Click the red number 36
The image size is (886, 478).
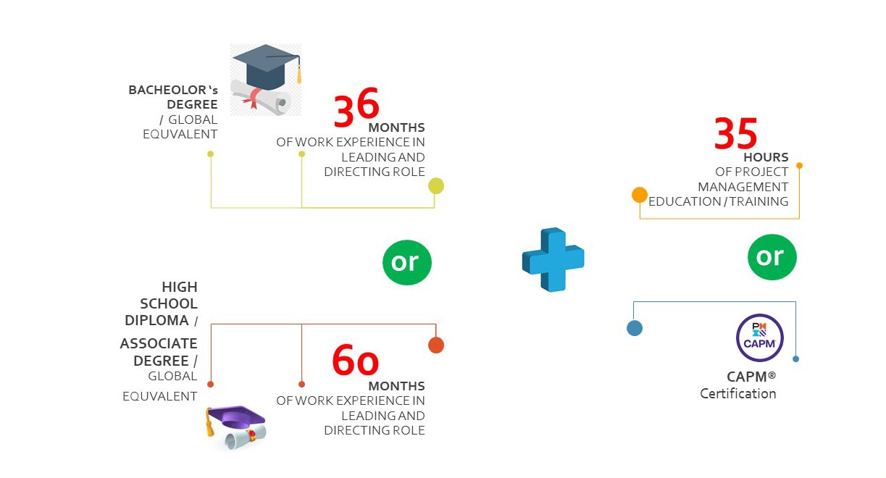coord(356,106)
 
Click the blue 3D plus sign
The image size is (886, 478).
coord(553,259)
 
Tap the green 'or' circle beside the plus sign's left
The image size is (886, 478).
coord(407,262)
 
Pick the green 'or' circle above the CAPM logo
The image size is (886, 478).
coord(772,257)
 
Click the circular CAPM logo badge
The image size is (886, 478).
coord(759,337)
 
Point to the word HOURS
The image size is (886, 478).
coord(766,157)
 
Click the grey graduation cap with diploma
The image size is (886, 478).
coord(266,80)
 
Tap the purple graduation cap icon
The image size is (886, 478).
coord(235,428)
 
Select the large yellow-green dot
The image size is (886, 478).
coord(436,186)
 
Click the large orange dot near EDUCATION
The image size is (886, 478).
coord(640,195)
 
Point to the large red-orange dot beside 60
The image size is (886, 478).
coord(436,345)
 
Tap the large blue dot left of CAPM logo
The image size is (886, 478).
coord(635,328)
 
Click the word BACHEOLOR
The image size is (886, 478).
coord(167,90)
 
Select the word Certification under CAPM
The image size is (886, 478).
coord(738,394)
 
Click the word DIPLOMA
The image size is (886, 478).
coord(156,320)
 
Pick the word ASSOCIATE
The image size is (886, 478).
coord(159,343)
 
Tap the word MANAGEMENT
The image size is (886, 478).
coord(743,187)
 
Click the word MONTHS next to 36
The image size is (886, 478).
coord(396,127)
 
